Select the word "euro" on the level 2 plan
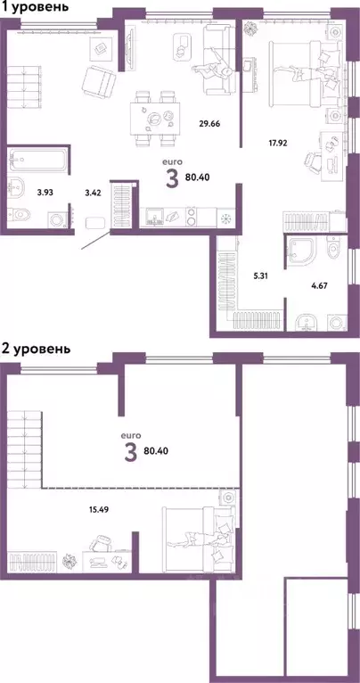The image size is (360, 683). (x=129, y=435)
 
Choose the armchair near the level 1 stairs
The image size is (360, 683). (x=99, y=83)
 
